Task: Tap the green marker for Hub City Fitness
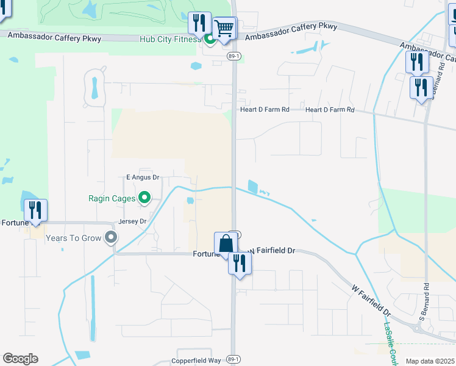pyautogui.click(x=209, y=40)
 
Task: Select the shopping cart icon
pyautogui.click(x=224, y=28)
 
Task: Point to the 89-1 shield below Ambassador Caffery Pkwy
pyautogui.click(x=232, y=56)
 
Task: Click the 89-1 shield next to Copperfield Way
pyautogui.click(x=232, y=359)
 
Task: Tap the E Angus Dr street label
pyautogui.click(x=142, y=178)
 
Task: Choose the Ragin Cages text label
pyautogui.click(x=113, y=198)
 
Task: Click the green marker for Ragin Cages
pyautogui.click(x=144, y=197)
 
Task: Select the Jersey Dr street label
pyautogui.click(x=134, y=221)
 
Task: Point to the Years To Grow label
pyautogui.click(x=73, y=238)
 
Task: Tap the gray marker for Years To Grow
pyautogui.click(x=110, y=237)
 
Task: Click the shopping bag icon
pyautogui.click(x=226, y=243)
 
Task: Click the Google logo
pyautogui.click(x=20, y=359)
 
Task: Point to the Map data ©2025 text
pyautogui.click(x=430, y=362)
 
